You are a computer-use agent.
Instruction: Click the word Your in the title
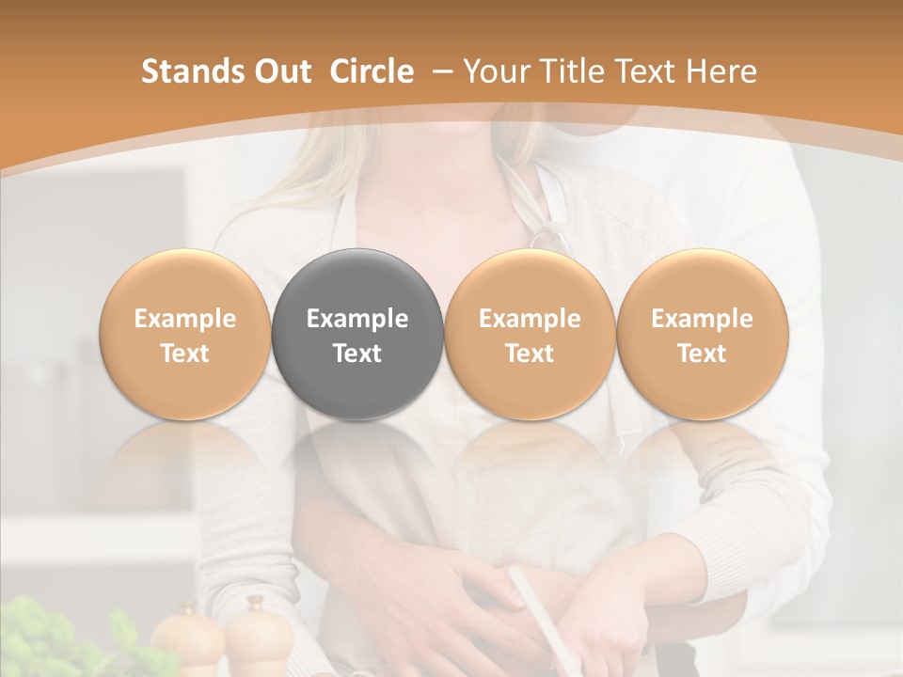tap(494, 71)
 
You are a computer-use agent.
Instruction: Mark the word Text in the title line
tap(640, 71)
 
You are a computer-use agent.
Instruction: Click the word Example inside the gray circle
tap(357, 319)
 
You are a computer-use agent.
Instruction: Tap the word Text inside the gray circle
tap(357, 354)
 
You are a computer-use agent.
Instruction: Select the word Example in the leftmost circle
tap(185, 319)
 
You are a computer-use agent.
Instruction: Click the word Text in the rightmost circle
tap(702, 354)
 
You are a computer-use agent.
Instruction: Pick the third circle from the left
tap(530, 335)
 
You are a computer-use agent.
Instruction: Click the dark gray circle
tap(357, 282)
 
